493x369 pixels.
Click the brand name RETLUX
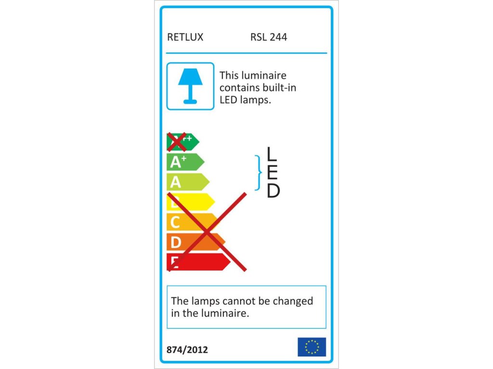(185, 37)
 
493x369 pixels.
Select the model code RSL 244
(269, 37)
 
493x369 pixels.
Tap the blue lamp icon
(190, 86)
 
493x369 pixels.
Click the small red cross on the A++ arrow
(176, 142)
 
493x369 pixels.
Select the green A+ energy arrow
(185, 162)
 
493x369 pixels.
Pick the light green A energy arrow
(188, 182)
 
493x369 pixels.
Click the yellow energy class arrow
(191, 202)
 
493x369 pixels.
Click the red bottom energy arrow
(197, 262)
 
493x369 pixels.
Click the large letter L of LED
(272, 154)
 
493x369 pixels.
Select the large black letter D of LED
(273, 191)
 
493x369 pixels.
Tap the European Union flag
(311, 347)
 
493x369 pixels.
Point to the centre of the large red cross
(207, 232)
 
